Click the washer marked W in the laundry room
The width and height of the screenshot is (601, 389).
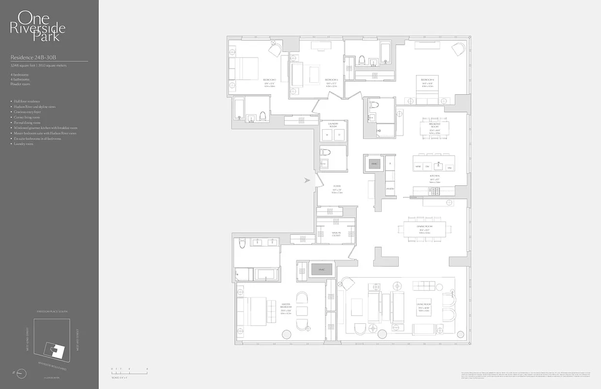point(327,135)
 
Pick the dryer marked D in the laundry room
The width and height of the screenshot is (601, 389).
point(339,135)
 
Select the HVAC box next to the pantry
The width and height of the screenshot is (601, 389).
point(374,164)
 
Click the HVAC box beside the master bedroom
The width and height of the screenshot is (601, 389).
point(322,269)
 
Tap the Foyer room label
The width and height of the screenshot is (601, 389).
point(337,188)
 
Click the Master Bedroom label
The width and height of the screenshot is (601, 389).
point(286,308)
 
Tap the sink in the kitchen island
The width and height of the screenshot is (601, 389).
point(439,164)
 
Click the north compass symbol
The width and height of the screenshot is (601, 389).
point(21,373)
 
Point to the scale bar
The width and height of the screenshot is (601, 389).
point(129,372)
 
